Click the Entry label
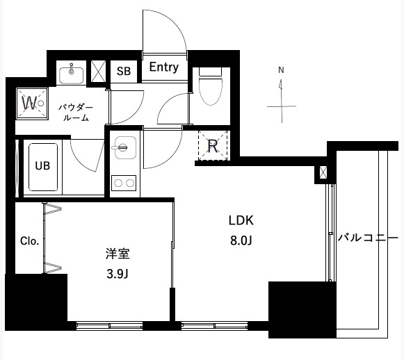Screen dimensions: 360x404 (x=164, y=68)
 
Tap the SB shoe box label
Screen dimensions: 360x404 (x=123, y=71)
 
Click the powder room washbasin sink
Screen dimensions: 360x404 (x=72, y=72)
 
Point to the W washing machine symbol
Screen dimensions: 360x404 (x=30, y=103)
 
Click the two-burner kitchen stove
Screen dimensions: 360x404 (x=123, y=183)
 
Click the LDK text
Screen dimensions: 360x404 (x=242, y=221)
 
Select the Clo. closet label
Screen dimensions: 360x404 (x=29, y=241)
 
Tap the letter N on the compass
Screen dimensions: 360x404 (x=281, y=69)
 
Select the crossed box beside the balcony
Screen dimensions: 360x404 (x=323, y=172)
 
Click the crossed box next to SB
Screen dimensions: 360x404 (x=99, y=71)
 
